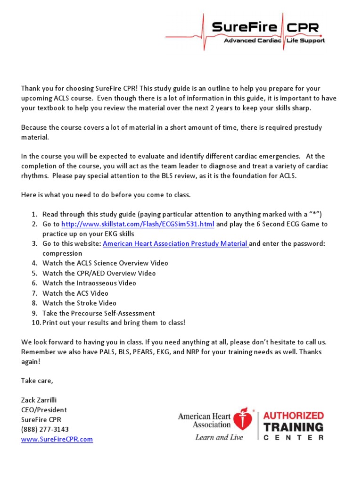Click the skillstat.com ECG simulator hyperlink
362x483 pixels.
(x=138, y=224)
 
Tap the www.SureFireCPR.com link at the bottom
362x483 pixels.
(x=57, y=439)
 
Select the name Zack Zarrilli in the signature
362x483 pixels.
(x=42, y=400)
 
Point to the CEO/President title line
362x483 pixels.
(x=44, y=409)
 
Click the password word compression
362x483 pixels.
(x=62, y=253)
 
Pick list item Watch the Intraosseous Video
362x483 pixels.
(x=89, y=283)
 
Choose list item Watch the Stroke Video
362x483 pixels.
(x=79, y=303)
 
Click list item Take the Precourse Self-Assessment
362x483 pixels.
(x=99, y=313)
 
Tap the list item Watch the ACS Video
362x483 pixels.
(x=75, y=293)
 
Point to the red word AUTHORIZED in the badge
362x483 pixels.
(x=293, y=416)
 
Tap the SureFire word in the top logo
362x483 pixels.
(x=244, y=27)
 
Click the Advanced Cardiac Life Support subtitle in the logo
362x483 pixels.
(x=274, y=41)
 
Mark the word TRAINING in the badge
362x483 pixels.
(x=293, y=427)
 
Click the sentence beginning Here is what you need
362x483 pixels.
(x=106, y=194)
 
